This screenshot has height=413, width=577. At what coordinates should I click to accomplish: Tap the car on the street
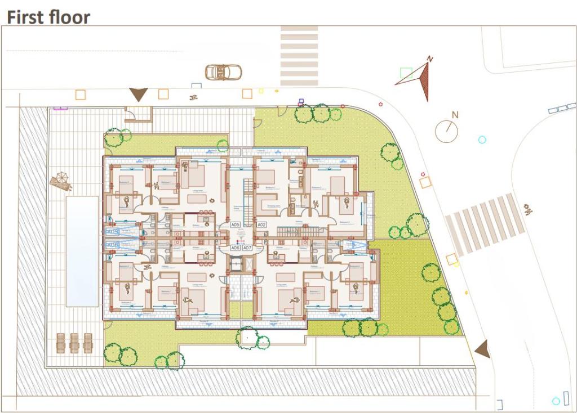click(x=223, y=72)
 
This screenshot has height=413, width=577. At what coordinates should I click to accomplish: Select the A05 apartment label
click(x=235, y=225)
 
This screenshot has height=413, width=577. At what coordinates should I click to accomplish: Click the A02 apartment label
click(x=261, y=225)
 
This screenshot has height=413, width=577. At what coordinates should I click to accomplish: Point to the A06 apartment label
click(x=235, y=248)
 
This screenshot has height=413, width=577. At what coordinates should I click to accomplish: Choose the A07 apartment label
click(x=247, y=248)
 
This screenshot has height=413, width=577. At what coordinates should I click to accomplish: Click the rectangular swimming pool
click(x=82, y=251)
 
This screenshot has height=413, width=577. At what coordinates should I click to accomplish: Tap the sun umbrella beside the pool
click(x=60, y=181)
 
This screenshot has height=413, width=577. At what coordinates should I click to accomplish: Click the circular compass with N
click(x=446, y=131)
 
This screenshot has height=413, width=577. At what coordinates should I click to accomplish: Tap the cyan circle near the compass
click(x=482, y=140)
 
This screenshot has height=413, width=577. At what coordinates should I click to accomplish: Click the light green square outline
click(x=406, y=73)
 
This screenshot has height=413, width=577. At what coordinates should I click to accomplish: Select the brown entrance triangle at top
click(x=138, y=94)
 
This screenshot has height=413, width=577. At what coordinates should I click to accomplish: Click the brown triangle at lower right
click(x=482, y=349)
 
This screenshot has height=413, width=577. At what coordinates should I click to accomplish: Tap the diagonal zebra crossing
click(x=485, y=223)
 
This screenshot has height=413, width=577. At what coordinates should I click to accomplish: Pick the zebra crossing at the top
click(x=299, y=56)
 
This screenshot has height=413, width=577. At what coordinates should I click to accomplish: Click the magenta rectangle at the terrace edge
click(x=60, y=107)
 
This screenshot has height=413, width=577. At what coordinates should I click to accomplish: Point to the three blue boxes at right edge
click(x=562, y=108)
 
